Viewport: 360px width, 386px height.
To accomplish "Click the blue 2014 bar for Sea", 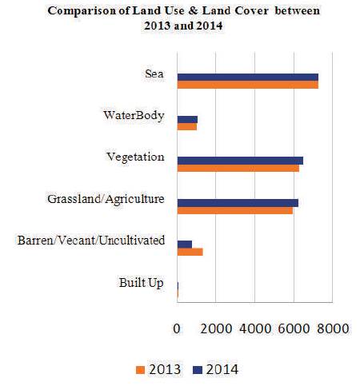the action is pos(248,78).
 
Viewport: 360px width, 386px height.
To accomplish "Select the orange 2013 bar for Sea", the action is pos(248,85).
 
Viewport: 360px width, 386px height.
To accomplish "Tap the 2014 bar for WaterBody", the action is pos(187,119).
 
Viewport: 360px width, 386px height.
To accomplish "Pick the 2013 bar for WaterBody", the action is pos(187,126).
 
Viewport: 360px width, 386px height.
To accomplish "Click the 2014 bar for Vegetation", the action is pos(240,161).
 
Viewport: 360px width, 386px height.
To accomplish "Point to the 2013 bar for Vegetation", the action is pos(238,169).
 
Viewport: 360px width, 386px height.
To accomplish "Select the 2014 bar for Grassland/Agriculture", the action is pos(238,203).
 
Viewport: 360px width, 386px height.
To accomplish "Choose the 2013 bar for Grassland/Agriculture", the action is pos(235,210).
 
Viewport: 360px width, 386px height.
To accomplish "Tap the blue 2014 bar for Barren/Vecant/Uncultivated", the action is pos(185,245).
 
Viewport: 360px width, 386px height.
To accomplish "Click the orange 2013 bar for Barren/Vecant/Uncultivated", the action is pos(190,252).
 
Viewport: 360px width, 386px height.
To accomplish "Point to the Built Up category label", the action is pos(142,283).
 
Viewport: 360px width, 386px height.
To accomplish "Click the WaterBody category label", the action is pos(134,116).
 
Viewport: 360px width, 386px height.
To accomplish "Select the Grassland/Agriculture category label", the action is pos(106,199).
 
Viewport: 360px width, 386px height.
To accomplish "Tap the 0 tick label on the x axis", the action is pos(177,328).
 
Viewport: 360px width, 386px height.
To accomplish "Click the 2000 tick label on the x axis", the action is pos(216,328).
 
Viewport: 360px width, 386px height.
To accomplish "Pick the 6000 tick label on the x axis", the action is pos(294,328).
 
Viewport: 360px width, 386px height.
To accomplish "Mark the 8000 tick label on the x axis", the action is pos(333,328).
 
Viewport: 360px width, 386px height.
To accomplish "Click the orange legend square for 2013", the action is pos(140,370).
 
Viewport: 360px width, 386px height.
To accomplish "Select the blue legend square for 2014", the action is pos(198,370).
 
